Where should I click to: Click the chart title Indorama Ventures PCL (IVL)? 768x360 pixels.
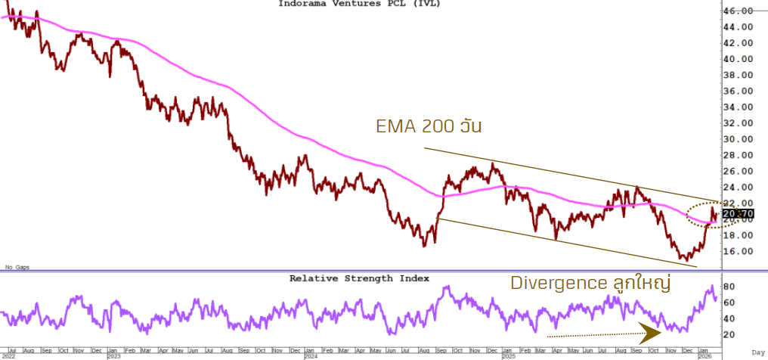coord(359,4)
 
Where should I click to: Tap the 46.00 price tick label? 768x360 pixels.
coord(738,11)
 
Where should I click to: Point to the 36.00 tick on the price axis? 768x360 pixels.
coord(738,91)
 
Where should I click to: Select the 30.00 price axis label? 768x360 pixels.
coord(738,139)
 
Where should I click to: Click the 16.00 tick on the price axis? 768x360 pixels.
coord(738,251)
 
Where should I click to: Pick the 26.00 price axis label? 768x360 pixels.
coord(738,171)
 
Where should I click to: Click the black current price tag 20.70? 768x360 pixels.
coord(737,214)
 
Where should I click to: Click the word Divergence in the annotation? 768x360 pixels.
coord(558,284)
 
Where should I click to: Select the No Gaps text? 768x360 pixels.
coord(16,267)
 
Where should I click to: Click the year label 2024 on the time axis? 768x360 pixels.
coord(310,355)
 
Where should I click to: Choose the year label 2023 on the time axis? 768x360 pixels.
coord(113,355)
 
